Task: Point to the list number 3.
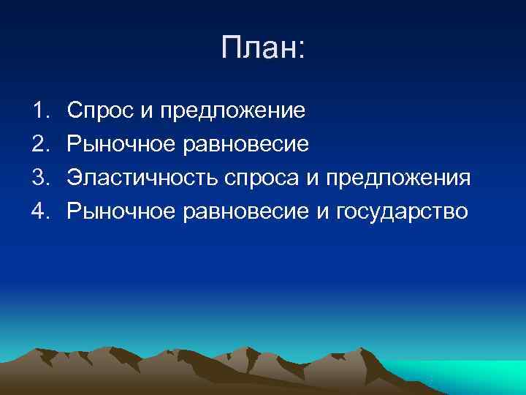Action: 39,178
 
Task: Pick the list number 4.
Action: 39,211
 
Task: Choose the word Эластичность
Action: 143,178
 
